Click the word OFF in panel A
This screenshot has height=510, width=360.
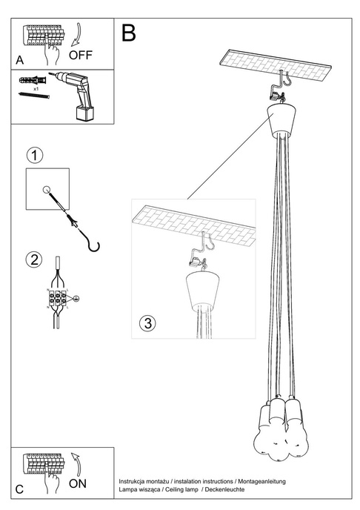point(81,55)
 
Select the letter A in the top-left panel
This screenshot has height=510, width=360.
point(19,59)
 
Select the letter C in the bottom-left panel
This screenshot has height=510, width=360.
point(19,490)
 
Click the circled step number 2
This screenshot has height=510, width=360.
point(33,259)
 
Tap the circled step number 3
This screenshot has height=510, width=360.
point(147,323)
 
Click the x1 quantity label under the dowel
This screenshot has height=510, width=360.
point(36,108)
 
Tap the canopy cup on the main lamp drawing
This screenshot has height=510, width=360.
point(281,119)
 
